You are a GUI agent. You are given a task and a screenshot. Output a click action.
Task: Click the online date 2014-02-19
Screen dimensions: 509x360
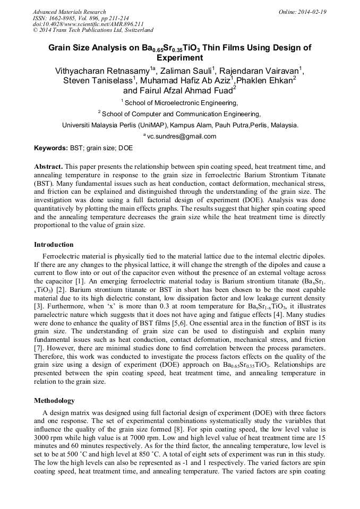312,12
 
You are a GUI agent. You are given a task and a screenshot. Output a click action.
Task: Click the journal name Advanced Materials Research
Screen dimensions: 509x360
69,12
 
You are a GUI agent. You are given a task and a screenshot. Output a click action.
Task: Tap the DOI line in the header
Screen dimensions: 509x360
88,24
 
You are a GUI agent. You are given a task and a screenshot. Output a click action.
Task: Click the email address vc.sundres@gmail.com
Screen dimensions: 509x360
182,136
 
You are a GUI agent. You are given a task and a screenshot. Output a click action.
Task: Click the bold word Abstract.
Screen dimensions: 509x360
48,166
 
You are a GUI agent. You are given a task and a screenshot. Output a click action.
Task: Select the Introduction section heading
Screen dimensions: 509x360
54,245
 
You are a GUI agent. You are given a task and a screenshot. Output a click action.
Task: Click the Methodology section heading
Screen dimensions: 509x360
54,400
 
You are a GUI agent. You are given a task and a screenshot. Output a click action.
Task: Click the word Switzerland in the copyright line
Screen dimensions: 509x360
137,31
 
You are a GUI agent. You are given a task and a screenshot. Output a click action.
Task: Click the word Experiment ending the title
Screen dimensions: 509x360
180,57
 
